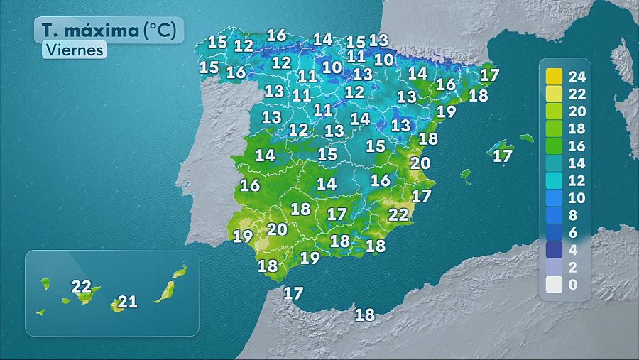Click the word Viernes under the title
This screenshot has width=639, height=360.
point(74,50)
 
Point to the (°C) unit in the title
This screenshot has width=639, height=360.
point(163,31)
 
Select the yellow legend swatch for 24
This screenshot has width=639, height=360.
point(555,76)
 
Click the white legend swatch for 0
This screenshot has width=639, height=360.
point(555,285)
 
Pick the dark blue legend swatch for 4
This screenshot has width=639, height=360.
point(555,250)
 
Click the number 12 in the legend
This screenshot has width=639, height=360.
point(577,180)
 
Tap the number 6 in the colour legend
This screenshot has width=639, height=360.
point(573,233)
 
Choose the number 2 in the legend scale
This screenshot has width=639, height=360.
point(573,268)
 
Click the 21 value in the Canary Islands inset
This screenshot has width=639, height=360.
point(127,302)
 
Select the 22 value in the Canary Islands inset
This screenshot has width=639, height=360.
point(82,287)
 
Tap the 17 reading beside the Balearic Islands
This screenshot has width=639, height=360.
point(502,156)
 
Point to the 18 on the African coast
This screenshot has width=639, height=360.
point(364,315)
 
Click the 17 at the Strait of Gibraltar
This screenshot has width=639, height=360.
point(293,293)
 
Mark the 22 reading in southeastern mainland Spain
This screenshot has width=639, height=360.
point(398,214)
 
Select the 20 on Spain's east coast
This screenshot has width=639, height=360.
point(420,163)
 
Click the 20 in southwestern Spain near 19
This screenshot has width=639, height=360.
point(277,229)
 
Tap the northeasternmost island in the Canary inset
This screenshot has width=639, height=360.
point(180,271)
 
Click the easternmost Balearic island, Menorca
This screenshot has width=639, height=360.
point(526,138)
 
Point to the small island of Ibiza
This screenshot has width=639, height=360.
point(466,173)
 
